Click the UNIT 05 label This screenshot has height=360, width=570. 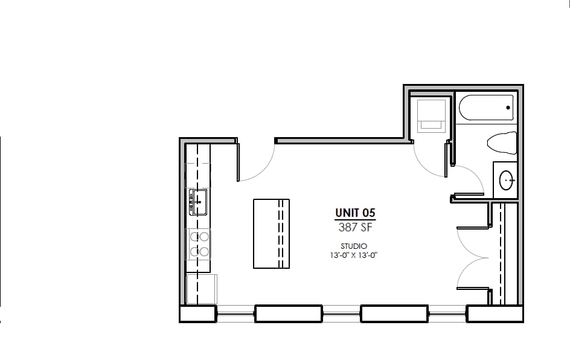tap(355, 213)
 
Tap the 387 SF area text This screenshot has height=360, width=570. tap(355, 228)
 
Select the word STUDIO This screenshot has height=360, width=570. tap(354, 246)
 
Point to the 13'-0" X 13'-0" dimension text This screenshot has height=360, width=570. tap(354, 255)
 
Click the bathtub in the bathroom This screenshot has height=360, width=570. tap(486, 108)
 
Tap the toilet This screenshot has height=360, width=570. tap(502, 143)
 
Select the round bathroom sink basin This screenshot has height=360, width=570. tap(507, 179)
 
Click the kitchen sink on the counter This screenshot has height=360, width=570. tap(198, 202)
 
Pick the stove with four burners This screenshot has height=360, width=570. tap(199, 244)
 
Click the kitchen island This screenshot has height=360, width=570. tap(271, 233)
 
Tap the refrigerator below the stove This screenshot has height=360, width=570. tap(201, 289)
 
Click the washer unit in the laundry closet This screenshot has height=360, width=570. tap(431, 114)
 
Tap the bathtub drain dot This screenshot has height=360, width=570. tap(508, 108)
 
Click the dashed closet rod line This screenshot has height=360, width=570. tap(501, 254)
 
